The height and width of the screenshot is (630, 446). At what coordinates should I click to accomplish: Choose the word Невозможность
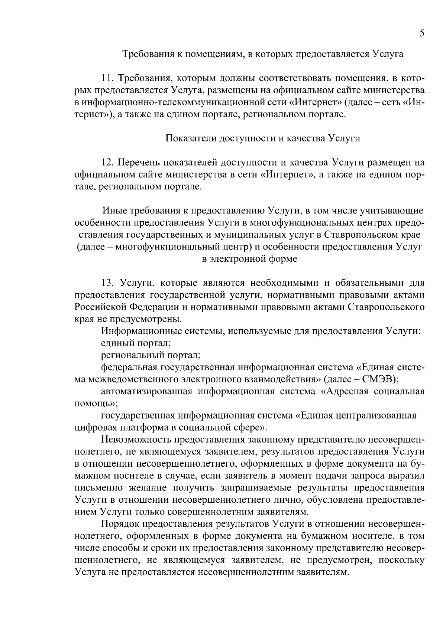(137, 440)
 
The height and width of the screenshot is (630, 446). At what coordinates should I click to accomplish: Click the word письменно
(97, 488)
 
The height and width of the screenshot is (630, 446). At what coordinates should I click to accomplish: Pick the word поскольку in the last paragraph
(402, 560)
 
